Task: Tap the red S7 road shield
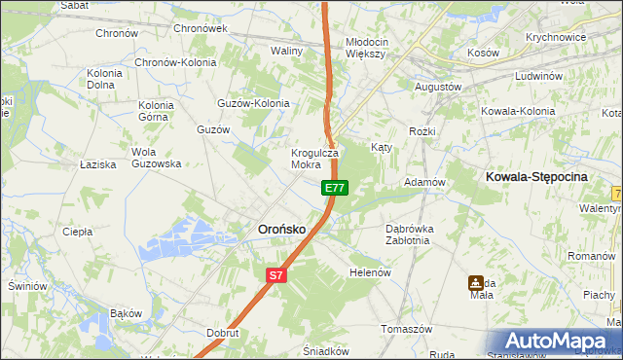click(x=276, y=275)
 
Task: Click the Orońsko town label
click(x=281, y=229)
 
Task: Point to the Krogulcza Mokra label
click(x=313, y=159)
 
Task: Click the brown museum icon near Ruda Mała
click(x=476, y=283)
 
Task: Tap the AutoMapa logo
click(x=554, y=341)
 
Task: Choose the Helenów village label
click(x=370, y=272)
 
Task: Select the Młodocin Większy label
click(x=366, y=48)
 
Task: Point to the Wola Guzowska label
click(x=157, y=158)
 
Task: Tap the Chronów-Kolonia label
click(x=175, y=62)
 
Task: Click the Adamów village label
click(x=424, y=182)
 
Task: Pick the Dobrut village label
click(x=223, y=332)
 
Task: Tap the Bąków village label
click(x=126, y=313)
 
